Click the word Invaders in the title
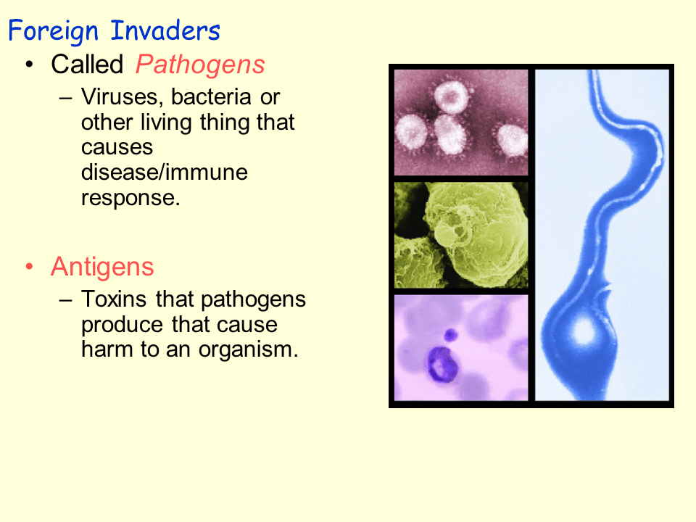pyautogui.click(x=166, y=31)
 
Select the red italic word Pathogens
pyautogui.click(x=200, y=65)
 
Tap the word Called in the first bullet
pyautogui.click(x=87, y=65)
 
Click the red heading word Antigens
pyautogui.click(x=102, y=267)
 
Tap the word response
pyautogui.click(x=130, y=198)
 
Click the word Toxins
pyautogui.click(x=115, y=299)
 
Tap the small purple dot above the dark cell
pyautogui.click(x=451, y=334)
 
